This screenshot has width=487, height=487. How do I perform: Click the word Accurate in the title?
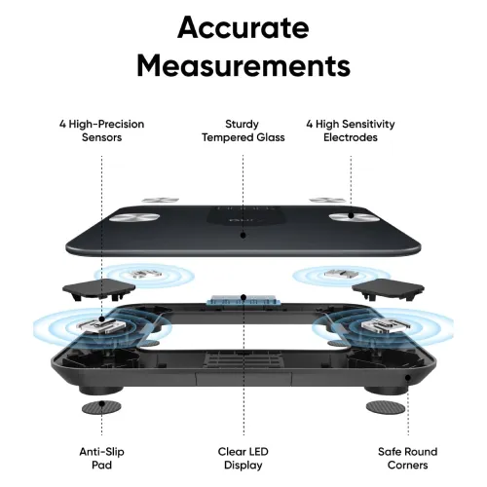coord(243,27)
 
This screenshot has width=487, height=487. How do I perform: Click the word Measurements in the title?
coord(243,65)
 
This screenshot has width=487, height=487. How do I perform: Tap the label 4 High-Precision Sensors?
coord(101,131)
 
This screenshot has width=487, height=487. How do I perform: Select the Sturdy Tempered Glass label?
coord(243,131)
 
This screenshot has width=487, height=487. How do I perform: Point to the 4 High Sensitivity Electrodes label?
coord(351,131)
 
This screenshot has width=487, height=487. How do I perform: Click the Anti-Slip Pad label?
coord(101,458)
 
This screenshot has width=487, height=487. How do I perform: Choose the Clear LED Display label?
coord(243,458)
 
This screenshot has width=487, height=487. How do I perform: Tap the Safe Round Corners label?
coord(408,458)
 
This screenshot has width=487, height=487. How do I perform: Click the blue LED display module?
coord(243,300)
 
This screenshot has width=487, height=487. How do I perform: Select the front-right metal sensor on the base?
coord(386,325)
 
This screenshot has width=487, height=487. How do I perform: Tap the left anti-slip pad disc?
coord(101,408)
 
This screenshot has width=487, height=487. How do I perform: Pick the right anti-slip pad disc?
coord(386,408)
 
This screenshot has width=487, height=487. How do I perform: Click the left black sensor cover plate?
coord(98,289)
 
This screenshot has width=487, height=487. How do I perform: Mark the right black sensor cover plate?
coord(388,289)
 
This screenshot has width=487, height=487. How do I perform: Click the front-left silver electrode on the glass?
coord(134,218)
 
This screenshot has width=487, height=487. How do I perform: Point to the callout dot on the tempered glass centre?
coord(243,235)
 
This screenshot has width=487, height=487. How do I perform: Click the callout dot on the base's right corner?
coord(408,378)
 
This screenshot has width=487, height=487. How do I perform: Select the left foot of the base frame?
coord(101,390)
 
